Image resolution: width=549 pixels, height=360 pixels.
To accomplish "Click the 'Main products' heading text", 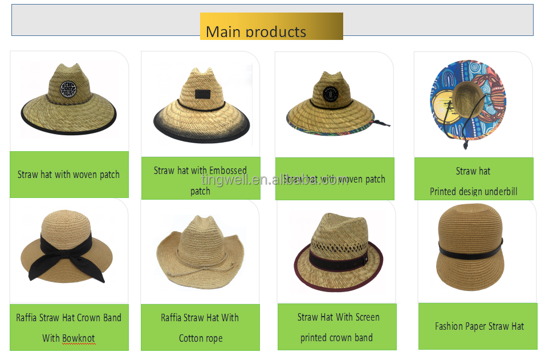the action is pos(255,32).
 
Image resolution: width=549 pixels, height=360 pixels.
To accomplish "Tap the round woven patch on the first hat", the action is pos(69,90).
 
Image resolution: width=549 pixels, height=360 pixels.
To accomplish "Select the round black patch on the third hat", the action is pos(331,94).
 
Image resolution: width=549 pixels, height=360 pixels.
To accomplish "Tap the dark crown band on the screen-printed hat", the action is pos(338,261).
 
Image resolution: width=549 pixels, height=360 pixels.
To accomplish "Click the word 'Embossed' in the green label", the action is pos(227,171).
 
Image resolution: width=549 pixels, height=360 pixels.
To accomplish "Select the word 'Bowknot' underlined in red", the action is pos(79,338).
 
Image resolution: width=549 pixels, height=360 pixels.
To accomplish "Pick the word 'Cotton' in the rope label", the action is pos(191,338).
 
